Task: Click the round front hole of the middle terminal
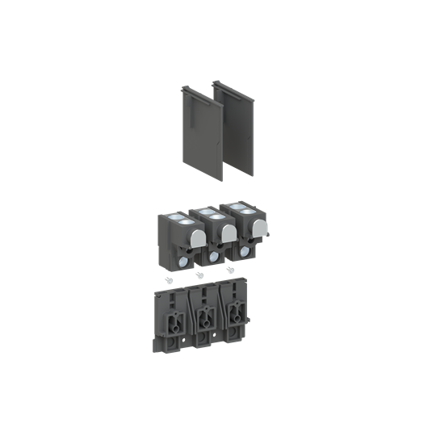213,258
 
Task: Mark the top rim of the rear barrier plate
230,82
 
